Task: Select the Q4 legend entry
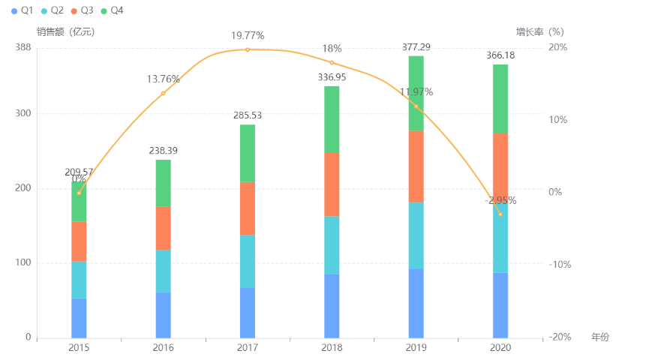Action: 112,10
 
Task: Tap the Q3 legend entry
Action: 82,10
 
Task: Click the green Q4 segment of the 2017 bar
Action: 248,153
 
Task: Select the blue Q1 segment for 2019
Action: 416,303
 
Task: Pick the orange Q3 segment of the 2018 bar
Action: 332,184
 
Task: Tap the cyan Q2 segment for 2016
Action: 163,271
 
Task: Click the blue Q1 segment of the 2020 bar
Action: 500,304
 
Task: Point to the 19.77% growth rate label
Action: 248,35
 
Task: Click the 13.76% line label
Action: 163,79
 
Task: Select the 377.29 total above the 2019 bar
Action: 416,46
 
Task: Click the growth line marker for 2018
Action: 332,62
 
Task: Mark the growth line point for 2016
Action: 163,93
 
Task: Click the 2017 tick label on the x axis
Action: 248,348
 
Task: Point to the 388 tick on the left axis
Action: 23,47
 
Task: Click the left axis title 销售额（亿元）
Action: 66,31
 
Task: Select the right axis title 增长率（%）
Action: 539,31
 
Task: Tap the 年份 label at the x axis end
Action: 600,337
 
